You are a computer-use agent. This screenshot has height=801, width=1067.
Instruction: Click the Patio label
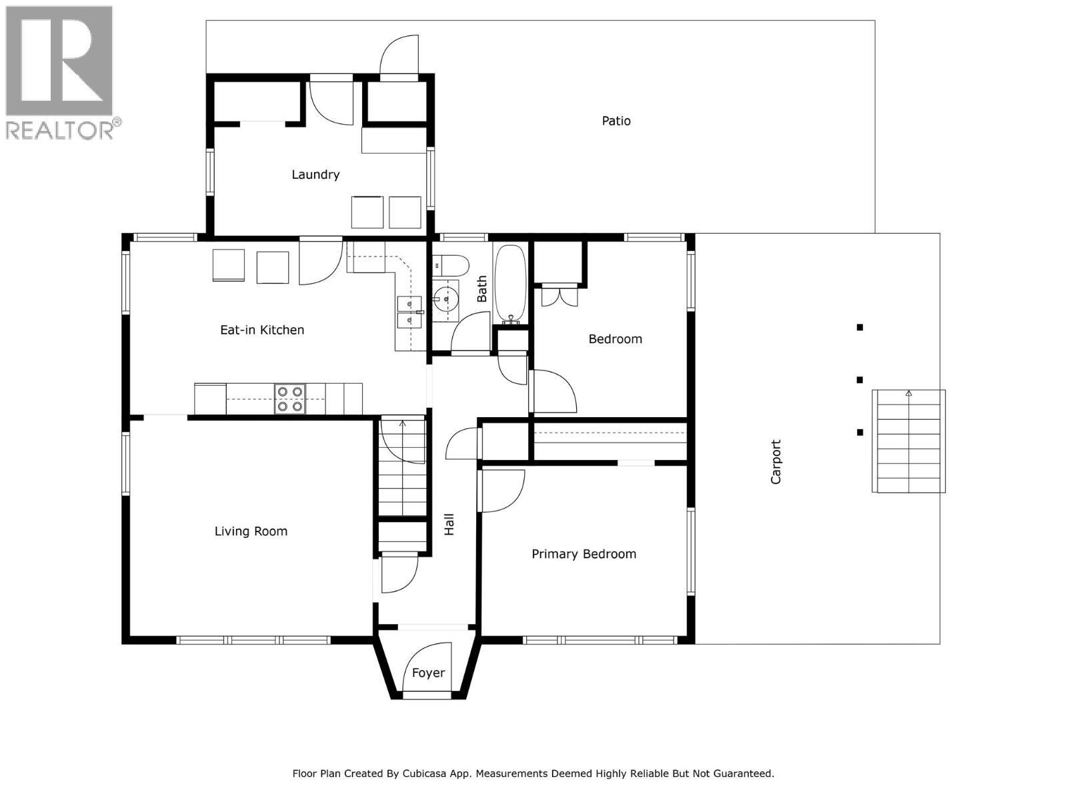coord(616,121)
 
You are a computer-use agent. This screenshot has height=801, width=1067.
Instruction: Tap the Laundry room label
coord(315,174)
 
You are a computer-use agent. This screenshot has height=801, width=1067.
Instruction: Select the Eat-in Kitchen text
coord(262,330)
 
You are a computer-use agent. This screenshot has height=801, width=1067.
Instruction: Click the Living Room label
coord(251,531)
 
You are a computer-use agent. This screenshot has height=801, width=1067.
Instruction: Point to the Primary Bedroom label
coord(584,554)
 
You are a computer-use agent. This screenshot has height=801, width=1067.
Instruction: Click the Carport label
coord(776,461)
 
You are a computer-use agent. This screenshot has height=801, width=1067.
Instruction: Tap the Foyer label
coord(428,673)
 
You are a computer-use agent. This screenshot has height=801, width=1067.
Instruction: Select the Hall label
coord(449,524)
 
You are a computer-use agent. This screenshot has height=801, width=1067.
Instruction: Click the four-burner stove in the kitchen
coord(290,399)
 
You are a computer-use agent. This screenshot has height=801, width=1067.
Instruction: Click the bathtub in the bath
coord(511,284)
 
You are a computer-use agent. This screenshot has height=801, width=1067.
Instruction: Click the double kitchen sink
coord(407,313)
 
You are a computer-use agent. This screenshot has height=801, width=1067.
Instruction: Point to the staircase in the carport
coord(908,442)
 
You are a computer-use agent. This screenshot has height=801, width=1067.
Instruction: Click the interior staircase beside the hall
coord(402,467)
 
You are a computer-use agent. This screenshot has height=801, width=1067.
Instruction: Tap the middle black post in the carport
coord(860,380)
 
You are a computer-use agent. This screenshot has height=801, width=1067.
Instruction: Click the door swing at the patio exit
coord(399,55)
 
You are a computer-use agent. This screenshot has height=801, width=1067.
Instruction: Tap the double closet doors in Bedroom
coord(559,295)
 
